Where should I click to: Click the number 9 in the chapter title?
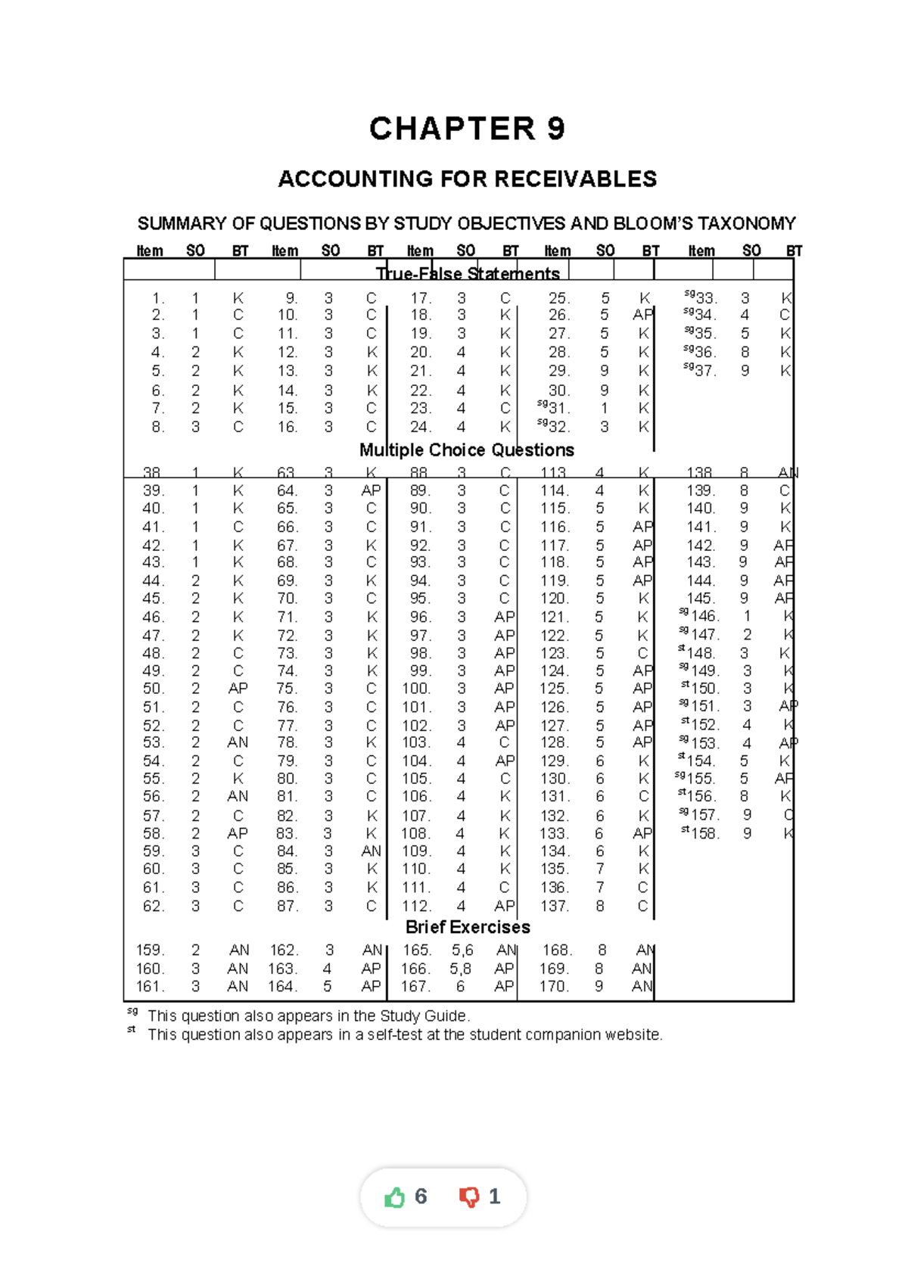pyautogui.click(x=556, y=129)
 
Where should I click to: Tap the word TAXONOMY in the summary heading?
pyautogui.click(x=746, y=224)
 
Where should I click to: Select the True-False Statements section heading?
pyautogui.click(x=468, y=273)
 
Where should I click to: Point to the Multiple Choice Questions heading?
pyautogui.click(x=466, y=450)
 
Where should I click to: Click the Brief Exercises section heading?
pyautogui.click(x=468, y=927)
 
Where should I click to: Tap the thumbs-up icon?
pyautogui.click(x=395, y=1197)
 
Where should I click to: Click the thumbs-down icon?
pyautogui.click(x=469, y=1197)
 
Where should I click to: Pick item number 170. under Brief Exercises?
pyautogui.click(x=554, y=986)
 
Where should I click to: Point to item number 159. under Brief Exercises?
pyautogui.click(x=150, y=950)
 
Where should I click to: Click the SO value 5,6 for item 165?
pyautogui.click(x=462, y=950)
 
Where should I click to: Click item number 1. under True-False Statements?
pyautogui.click(x=157, y=298)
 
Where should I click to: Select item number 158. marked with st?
pyautogui.click(x=704, y=833)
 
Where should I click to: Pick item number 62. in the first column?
pyautogui.click(x=154, y=906)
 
